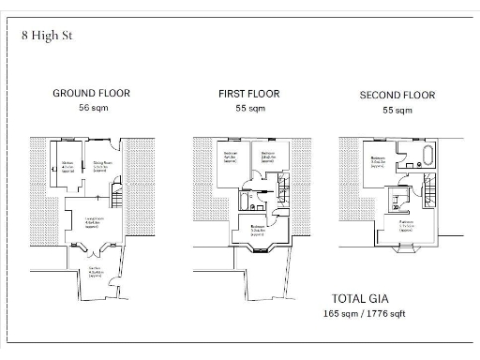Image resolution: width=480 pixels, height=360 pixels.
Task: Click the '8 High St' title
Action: (x=47, y=36)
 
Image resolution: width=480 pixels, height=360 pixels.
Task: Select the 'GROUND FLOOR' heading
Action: (x=91, y=94)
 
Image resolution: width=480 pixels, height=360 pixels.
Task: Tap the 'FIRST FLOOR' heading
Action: (x=250, y=94)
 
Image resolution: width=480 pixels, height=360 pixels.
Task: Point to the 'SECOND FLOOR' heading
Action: (x=397, y=96)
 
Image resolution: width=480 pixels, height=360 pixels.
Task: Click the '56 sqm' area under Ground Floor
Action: (x=91, y=108)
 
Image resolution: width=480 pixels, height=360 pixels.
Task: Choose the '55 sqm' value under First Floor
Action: (x=250, y=109)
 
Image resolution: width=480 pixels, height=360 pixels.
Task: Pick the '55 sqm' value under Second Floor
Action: (x=397, y=111)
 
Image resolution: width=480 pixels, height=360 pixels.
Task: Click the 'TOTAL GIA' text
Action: (x=360, y=298)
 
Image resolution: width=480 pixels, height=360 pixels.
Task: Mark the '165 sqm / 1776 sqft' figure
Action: (x=366, y=312)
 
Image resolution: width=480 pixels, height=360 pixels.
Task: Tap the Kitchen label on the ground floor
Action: (x=67, y=166)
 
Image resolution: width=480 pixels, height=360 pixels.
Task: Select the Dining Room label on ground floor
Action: (x=102, y=166)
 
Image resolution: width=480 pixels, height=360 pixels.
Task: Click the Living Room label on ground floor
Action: (x=93, y=222)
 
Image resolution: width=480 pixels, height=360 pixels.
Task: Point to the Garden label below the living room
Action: (x=95, y=273)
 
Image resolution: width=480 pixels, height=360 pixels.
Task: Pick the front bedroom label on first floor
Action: (x=257, y=229)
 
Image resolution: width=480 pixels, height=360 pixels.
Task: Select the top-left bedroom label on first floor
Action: (x=230, y=156)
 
